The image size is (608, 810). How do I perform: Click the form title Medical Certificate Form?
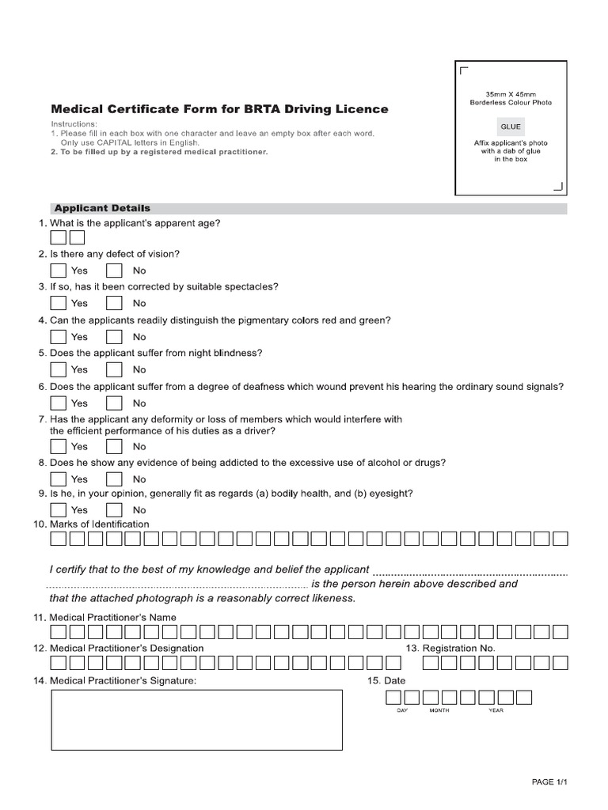click(x=219, y=109)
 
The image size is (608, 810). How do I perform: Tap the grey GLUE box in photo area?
click(x=510, y=127)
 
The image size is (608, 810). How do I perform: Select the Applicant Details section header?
click(x=101, y=208)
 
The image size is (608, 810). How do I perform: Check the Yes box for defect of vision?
click(x=59, y=270)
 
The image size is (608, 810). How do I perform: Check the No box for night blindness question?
click(x=115, y=369)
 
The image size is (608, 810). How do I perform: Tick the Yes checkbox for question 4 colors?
click(x=59, y=336)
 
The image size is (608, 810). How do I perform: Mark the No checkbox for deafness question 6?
click(x=115, y=403)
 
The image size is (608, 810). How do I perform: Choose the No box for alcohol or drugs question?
click(x=115, y=479)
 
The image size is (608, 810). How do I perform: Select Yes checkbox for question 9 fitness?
click(x=59, y=509)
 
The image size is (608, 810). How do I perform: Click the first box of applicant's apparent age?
click(x=59, y=238)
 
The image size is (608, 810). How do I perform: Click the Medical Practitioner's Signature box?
click(x=197, y=719)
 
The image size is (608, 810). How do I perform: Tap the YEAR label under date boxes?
click(x=496, y=710)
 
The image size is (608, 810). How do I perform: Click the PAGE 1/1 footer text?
click(x=550, y=782)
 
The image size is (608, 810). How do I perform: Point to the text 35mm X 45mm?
click(x=510, y=95)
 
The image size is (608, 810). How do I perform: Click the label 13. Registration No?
click(x=450, y=648)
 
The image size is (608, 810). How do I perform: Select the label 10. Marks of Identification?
click(x=91, y=524)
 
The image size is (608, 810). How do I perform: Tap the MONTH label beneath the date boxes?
click(x=439, y=710)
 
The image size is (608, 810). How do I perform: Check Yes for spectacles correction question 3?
click(x=59, y=302)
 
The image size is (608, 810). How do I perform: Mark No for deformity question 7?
click(x=115, y=446)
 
